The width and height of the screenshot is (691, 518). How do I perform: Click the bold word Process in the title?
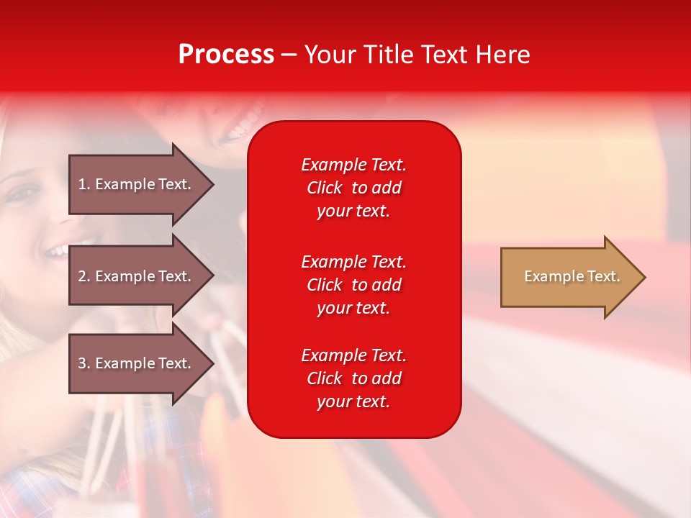(x=226, y=55)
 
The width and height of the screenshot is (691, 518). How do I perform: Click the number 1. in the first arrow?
(x=84, y=184)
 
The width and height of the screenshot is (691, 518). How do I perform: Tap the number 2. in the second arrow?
(x=84, y=276)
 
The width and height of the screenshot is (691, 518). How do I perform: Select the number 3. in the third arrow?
(x=84, y=363)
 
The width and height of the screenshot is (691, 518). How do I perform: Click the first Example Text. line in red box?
(x=353, y=165)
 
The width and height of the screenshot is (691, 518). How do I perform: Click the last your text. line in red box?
(x=353, y=401)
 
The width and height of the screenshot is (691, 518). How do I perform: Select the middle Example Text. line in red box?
(x=353, y=262)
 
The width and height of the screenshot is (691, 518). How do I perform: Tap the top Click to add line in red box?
(x=353, y=188)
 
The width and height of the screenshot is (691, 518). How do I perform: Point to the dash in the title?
(x=289, y=55)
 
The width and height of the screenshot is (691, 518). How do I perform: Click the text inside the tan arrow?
(x=572, y=276)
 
